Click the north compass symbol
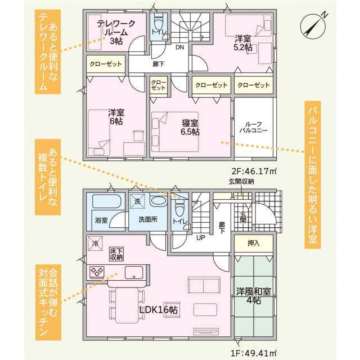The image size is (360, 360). click(x=313, y=26)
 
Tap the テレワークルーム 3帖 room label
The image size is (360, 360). click(x=116, y=32)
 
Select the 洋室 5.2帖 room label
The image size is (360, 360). click(x=243, y=43)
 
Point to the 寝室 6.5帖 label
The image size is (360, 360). click(x=190, y=128)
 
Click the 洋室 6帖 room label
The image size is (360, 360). click(x=116, y=117)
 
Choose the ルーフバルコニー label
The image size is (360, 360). click(x=254, y=128)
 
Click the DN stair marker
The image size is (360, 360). click(x=180, y=47)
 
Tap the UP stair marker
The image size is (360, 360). click(x=201, y=237)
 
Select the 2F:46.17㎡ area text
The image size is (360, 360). click(x=254, y=171)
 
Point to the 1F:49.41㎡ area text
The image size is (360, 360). click(x=254, y=352)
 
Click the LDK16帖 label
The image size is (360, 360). click(x=159, y=310)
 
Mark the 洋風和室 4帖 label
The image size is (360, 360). click(x=254, y=296)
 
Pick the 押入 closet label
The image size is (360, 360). click(x=254, y=243)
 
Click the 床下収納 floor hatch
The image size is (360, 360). click(x=116, y=254)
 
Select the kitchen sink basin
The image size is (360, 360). click(x=134, y=272)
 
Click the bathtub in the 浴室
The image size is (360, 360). click(x=106, y=201)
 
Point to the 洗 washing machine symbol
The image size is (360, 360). click(x=137, y=201)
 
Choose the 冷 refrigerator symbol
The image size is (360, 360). click(x=95, y=244)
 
